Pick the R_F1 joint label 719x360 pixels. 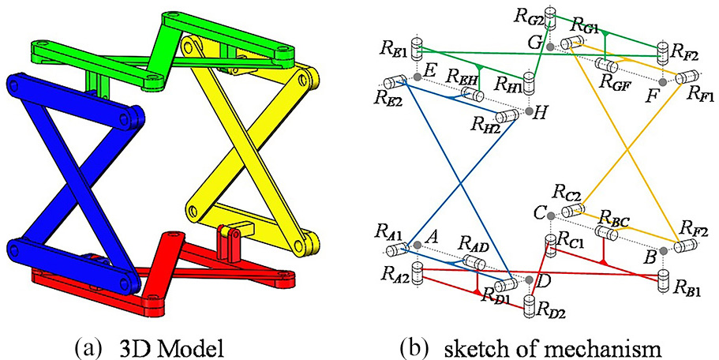tap(701, 95)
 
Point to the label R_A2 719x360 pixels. tap(394, 274)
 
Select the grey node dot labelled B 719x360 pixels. tap(663, 250)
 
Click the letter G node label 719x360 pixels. tap(537, 41)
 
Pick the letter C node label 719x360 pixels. tap(540, 212)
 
